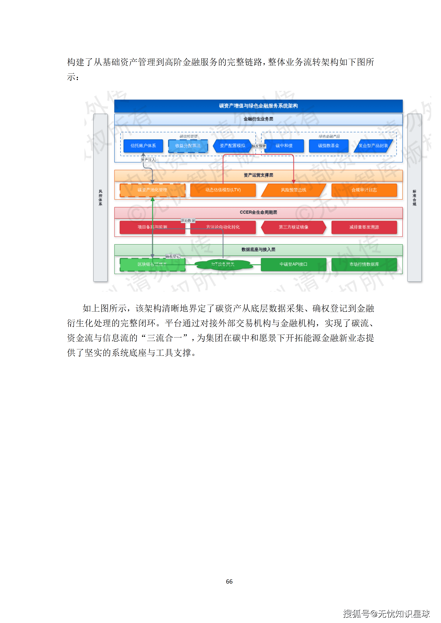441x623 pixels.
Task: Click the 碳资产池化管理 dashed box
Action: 152,190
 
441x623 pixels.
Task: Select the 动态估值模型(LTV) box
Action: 223,190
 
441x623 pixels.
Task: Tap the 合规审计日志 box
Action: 364,190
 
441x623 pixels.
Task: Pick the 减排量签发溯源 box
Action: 364,227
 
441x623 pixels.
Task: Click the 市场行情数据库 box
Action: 364,264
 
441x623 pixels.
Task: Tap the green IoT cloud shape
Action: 223,264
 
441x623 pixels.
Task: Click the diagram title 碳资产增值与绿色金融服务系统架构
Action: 258,106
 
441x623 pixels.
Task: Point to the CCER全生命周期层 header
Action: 258,212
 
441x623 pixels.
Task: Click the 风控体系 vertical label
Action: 100,198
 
